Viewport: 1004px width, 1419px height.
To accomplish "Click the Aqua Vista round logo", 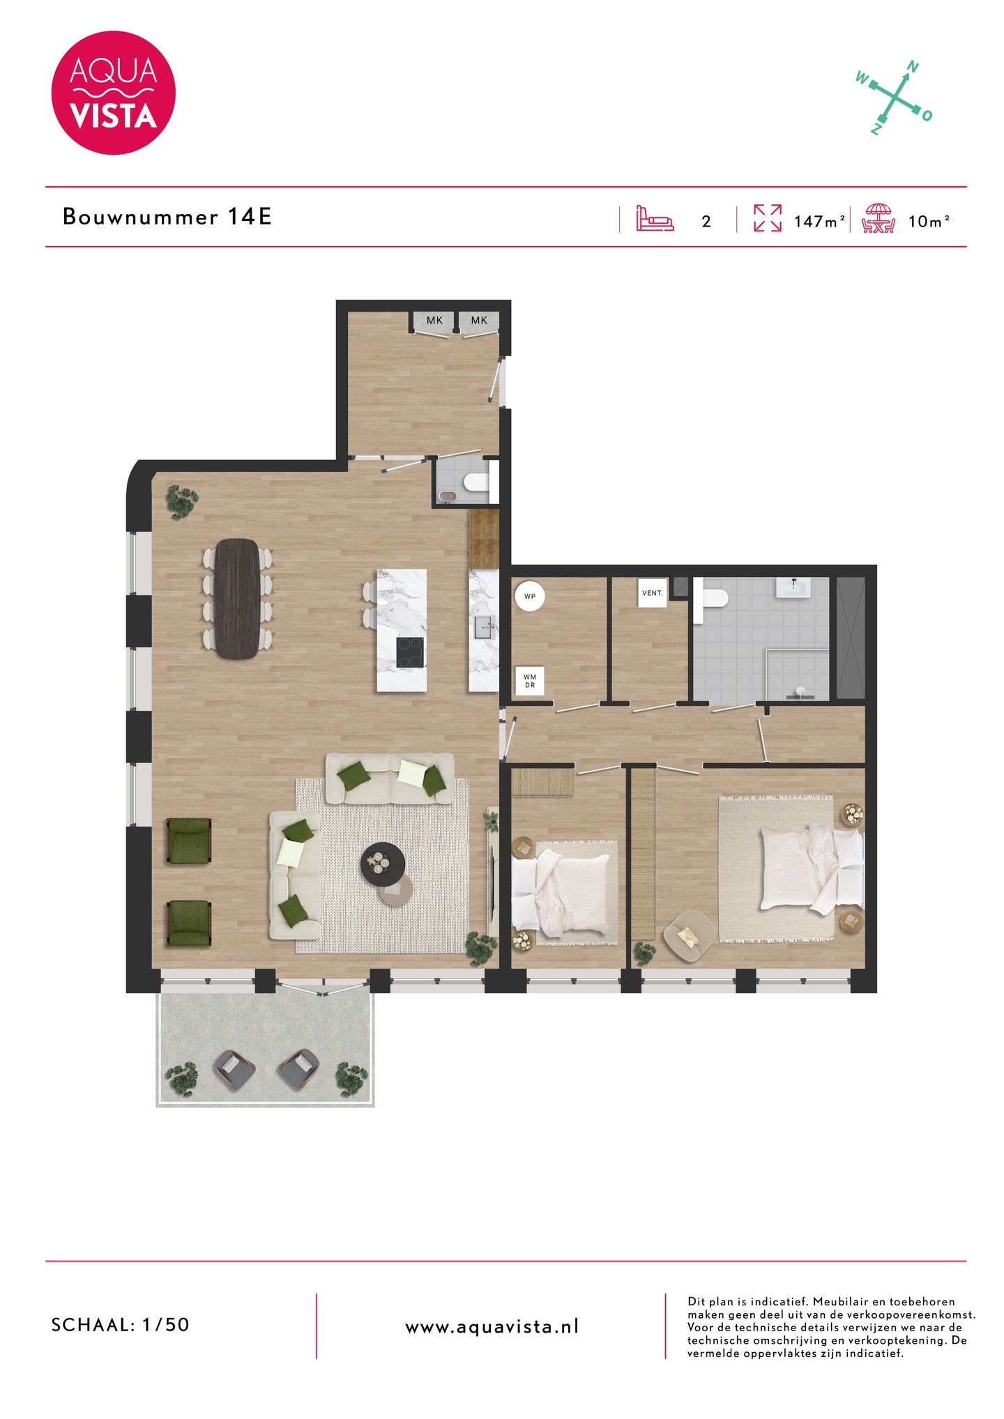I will click(113, 93).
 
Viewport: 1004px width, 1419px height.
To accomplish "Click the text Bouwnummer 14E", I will click(167, 217).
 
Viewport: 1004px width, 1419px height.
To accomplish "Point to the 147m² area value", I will click(819, 222).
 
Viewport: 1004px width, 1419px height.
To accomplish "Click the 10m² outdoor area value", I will click(929, 222).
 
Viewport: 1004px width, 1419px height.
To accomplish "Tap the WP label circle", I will click(529, 597).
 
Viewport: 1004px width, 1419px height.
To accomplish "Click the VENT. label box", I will click(653, 593).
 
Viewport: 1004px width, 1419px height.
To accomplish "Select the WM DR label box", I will click(530, 681).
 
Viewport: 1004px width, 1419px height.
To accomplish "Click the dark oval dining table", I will click(236, 598).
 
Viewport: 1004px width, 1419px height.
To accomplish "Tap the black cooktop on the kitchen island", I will click(410, 653).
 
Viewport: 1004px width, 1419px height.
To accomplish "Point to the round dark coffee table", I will click(382, 863).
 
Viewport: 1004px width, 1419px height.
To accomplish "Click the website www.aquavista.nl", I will click(492, 1327).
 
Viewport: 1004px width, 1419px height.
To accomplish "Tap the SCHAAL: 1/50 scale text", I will click(121, 1325).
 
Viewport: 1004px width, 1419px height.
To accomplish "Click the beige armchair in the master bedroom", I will click(688, 935).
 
